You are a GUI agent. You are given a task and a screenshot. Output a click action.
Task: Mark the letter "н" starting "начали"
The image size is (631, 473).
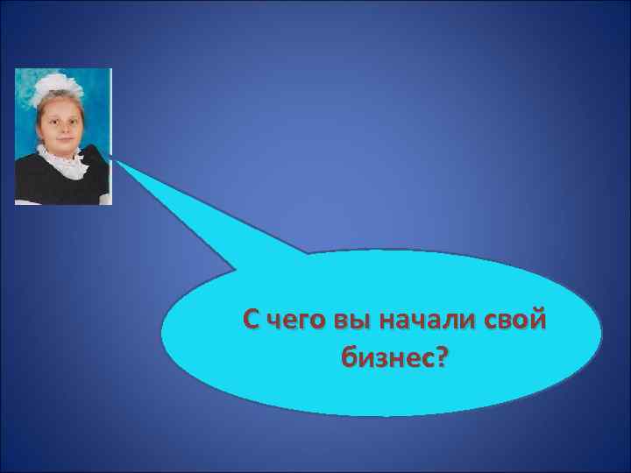385,321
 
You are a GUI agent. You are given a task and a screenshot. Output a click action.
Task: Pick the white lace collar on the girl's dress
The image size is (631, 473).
61,159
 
